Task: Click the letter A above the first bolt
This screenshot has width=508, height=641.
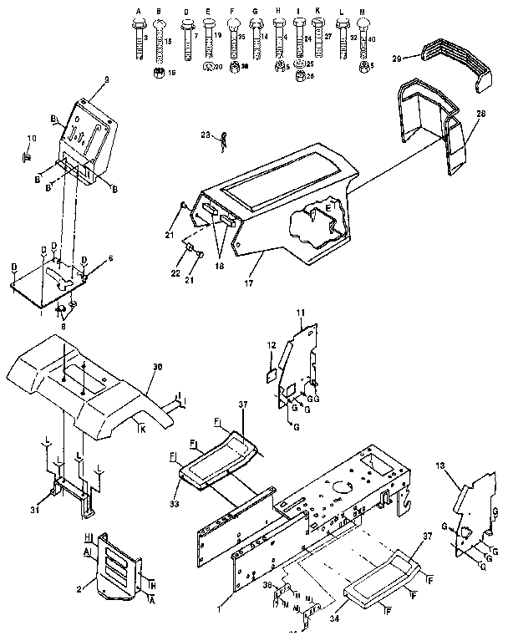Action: [x=139, y=9]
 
